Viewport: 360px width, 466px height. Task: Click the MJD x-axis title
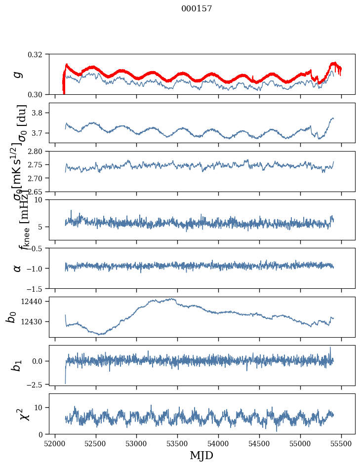[x=201, y=455]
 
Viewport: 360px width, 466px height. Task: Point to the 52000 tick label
[x=55, y=443]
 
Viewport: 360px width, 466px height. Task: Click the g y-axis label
[x=18, y=74]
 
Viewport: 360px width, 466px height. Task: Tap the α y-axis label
[x=18, y=268]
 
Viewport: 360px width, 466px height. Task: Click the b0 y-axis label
[x=11, y=317]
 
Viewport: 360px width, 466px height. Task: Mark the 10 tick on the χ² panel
[x=40, y=407]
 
